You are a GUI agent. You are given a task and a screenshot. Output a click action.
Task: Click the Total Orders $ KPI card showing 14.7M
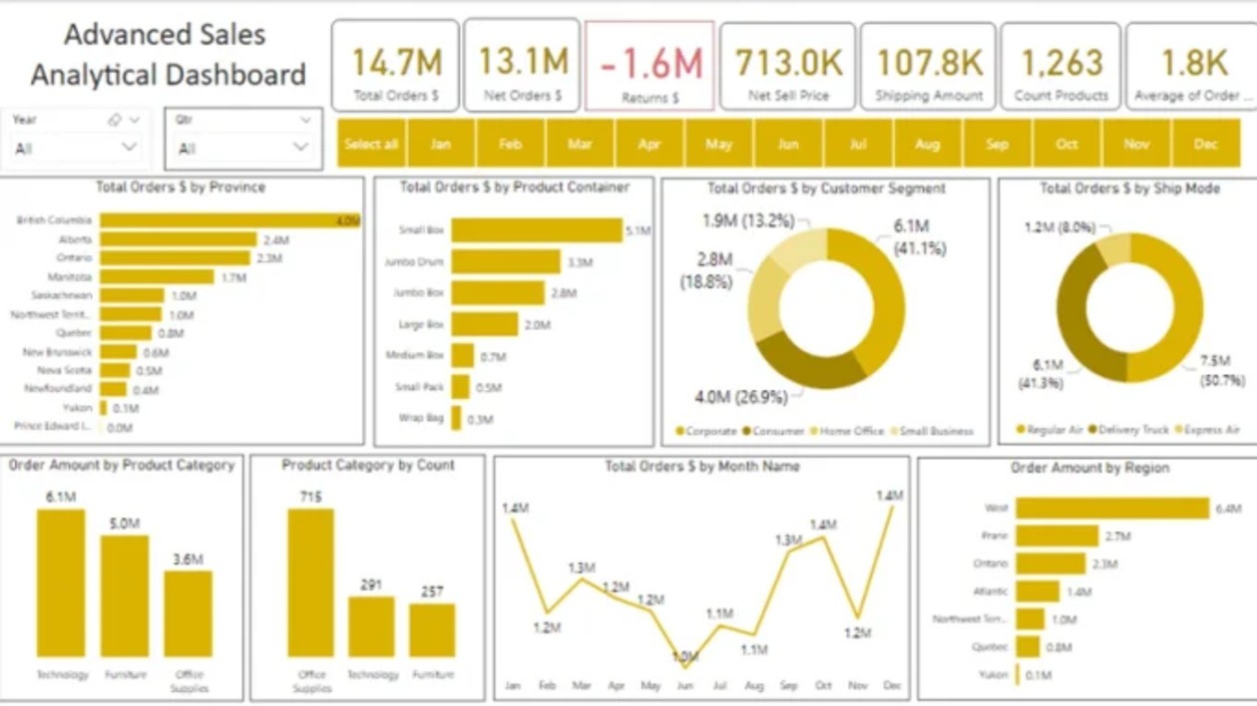[396, 65]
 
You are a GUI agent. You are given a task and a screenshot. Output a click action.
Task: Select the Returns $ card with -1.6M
[650, 66]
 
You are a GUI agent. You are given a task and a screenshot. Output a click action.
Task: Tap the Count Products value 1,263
[1060, 63]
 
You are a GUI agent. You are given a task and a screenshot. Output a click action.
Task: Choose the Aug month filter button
[927, 144]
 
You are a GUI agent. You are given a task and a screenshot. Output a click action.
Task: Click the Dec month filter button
[1205, 144]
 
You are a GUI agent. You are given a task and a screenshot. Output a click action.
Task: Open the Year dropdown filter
[129, 148]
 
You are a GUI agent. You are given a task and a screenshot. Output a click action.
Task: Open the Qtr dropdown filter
[300, 148]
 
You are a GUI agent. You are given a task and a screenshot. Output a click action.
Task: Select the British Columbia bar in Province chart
[229, 220]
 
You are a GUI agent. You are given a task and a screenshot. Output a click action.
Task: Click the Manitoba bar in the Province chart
[157, 277]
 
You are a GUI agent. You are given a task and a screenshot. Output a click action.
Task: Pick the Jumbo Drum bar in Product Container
[505, 262]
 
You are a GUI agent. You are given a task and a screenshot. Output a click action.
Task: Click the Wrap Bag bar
[456, 418]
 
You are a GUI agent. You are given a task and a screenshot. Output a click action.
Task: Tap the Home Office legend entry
[847, 431]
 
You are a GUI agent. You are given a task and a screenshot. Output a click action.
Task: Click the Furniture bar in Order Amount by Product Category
[125, 596]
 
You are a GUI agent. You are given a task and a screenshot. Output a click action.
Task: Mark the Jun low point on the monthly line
[685, 659]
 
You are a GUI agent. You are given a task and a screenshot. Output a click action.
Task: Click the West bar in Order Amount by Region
[1111, 509]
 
